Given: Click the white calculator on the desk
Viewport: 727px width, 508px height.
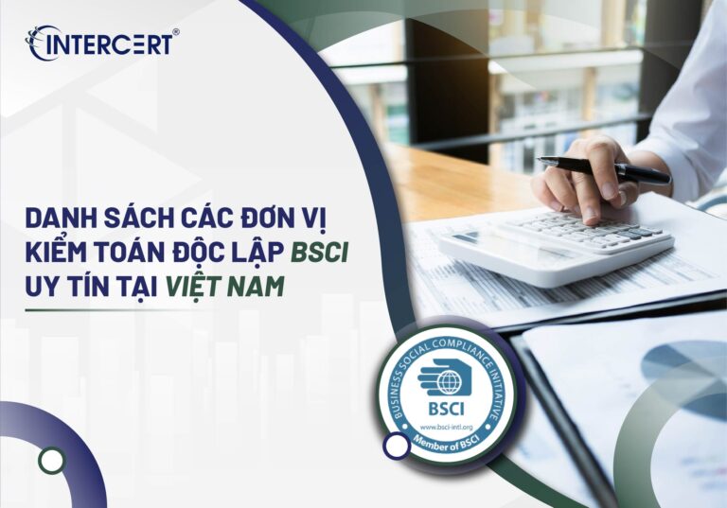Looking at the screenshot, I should pyautogui.click(x=559, y=240).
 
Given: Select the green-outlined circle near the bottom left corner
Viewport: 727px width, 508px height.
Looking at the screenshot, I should pyautogui.click(x=53, y=461).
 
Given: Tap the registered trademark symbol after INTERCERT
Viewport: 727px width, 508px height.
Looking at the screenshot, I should pyautogui.click(x=176, y=32).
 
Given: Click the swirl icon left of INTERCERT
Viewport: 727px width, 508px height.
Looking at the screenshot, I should pyautogui.click(x=40, y=44).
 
